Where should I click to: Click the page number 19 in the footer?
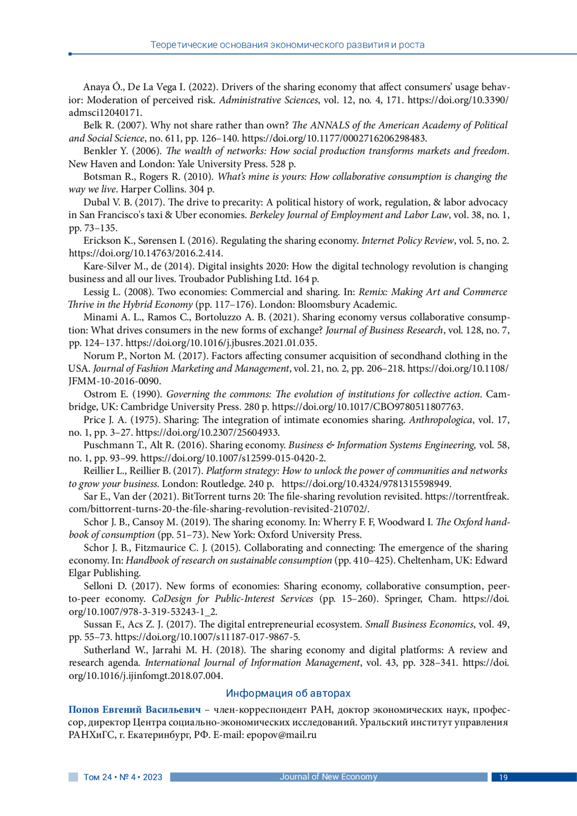tap(503, 777)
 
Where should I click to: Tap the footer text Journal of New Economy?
tap(328, 777)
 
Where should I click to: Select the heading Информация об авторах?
tap(288, 693)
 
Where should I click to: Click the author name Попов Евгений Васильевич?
tap(135, 709)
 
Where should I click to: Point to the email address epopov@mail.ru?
tap(281, 735)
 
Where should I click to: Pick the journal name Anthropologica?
tap(440, 420)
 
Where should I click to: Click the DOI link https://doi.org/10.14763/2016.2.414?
tap(146, 253)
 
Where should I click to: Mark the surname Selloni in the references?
tap(99, 586)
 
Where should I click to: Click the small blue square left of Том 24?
tap(73, 777)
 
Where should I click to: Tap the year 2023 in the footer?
tap(152, 777)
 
